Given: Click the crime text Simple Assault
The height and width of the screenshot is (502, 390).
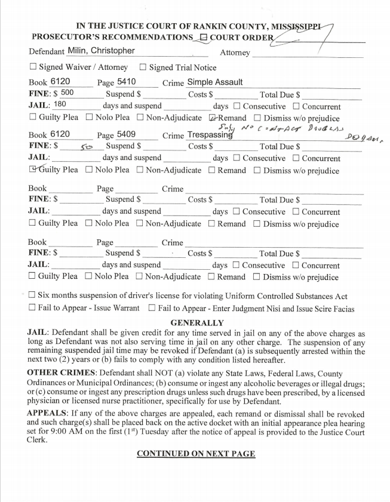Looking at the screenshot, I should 215,82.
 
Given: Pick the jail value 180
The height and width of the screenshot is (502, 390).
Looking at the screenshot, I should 60,104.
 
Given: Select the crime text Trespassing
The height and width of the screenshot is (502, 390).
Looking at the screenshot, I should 210,135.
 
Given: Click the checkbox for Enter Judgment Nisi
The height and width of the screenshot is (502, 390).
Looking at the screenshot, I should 152,308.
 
